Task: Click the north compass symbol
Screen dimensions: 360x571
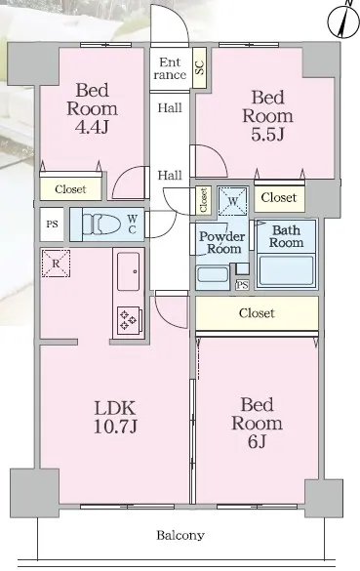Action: tap(343, 20)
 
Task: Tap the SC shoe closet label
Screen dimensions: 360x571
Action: tap(200, 67)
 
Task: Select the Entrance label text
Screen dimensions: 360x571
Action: tap(170, 68)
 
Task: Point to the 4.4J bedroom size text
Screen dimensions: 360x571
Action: tap(92, 127)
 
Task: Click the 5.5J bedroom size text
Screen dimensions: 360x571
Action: tap(267, 134)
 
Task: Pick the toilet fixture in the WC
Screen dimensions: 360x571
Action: tap(100, 225)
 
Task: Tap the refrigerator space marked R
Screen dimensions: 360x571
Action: tap(56, 264)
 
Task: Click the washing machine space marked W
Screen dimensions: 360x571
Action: tap(233, 201)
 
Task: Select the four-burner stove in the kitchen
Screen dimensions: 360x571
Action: tap(129, 320)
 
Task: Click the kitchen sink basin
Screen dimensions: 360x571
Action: tap(128, 271)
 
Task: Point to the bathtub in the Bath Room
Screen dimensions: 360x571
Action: tap(287, 269)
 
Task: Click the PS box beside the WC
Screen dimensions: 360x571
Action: tap(52, 224)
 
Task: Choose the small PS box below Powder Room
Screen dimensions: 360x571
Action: tap(242, 285)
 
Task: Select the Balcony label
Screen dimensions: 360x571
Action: tap(180, 535)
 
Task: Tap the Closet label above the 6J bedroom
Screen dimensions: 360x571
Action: tap(257, 313)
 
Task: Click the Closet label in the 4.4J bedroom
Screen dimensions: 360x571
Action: tap(70, 189)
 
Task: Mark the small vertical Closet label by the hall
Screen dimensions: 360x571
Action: tap(204, 200)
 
